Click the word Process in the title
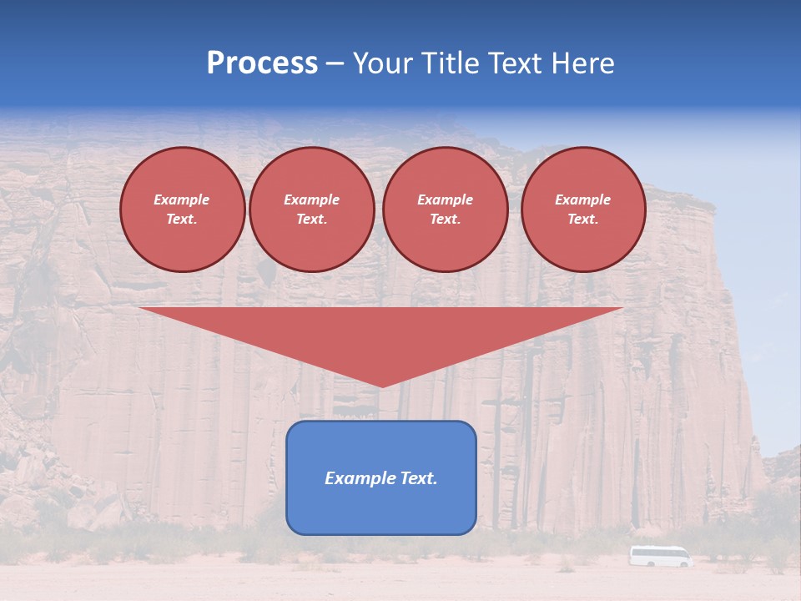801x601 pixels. click(x=262, y=63)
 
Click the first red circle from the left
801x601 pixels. click(x=182, y=210)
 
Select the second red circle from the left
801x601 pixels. click(x=312, y=210)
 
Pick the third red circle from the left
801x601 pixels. click(x=445, y=210)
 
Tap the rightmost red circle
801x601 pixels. click(x=583, y=210)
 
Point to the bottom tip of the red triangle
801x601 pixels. click(x=381, y=386)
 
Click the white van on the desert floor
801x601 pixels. click(x=660, y=556)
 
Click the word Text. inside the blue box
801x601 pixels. click(x=419, y=478)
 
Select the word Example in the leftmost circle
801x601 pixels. click(x=182, y=199)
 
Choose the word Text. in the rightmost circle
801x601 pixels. click(x=583, y=220)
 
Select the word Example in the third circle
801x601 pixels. click(x=445, y=199)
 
